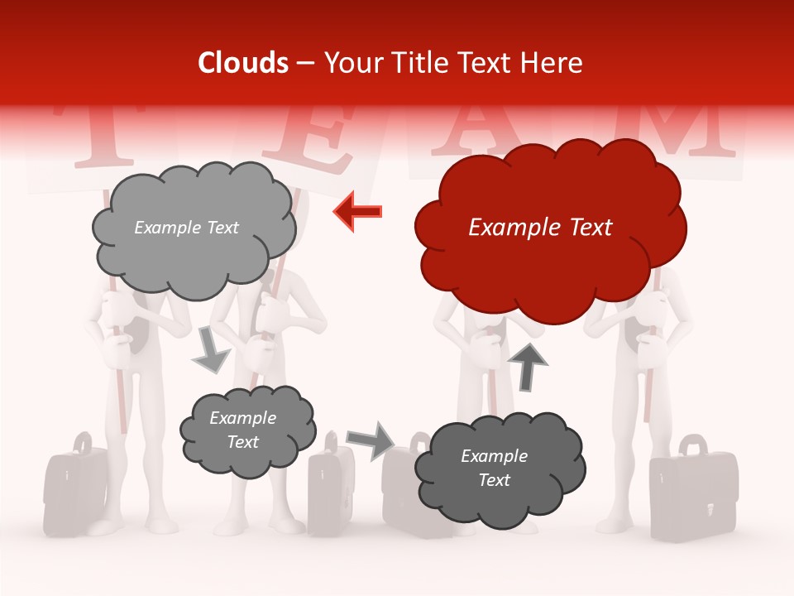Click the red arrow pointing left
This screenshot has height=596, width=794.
[x=357, y=211]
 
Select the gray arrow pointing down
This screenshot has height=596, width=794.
[x=210, y=348]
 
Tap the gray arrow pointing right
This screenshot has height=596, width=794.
[x=371, y=440]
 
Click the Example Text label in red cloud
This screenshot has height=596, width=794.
[x=540, y=228]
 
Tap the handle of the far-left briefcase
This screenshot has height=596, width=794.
[x=80, y=443]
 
